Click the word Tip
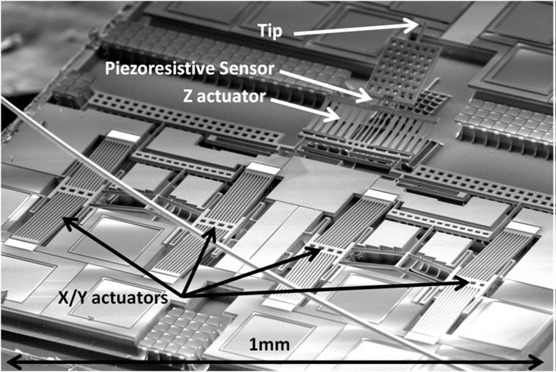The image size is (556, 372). [x=270, y=31]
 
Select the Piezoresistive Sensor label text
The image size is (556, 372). [x=190, y=68]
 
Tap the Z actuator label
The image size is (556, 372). [x=224, y=96]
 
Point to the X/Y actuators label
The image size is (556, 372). [x=113, y=298]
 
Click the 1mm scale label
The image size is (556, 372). [x=269, y=344]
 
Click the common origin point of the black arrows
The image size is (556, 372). [x=182, y=296]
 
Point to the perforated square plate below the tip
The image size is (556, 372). [x=403, y=70]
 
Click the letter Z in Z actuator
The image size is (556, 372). [x=188, y=96]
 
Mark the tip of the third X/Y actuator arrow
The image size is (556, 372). [x=319, y=249]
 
